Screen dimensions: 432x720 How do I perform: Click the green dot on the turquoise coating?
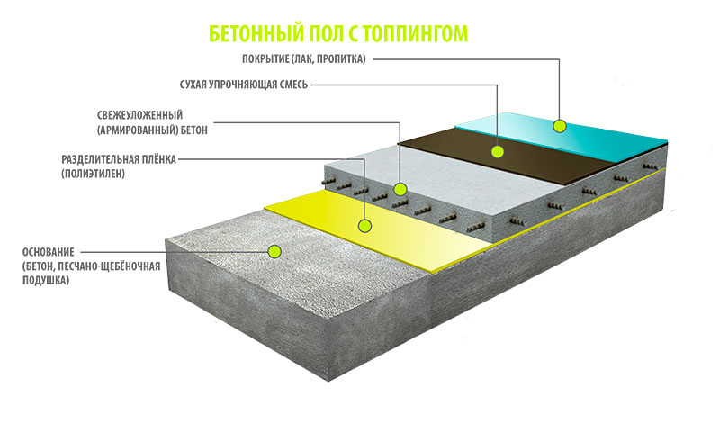(559, 125)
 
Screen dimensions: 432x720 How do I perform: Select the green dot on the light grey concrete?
(401, 190)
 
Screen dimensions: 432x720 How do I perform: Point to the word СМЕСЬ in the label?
(292, 85)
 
